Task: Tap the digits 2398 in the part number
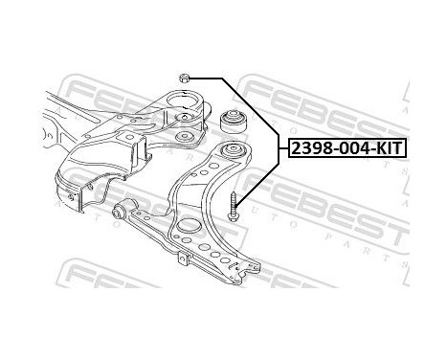click(x=310, y=148)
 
